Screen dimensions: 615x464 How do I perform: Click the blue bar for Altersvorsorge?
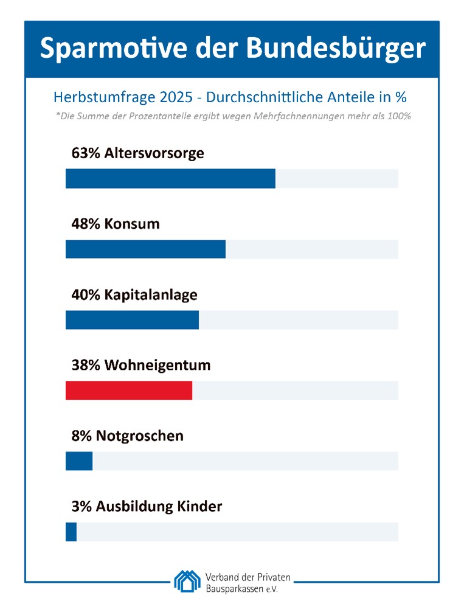pos(170,179)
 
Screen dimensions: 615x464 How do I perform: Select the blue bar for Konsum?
pos(145,249)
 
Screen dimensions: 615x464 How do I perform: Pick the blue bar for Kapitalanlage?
pos(132,320)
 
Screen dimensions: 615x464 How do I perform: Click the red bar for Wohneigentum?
pos(129,391)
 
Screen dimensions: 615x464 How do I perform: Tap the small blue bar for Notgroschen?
pos(79,461)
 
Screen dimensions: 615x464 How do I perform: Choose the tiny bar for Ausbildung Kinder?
pos(71,532)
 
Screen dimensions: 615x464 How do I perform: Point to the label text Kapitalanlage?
pos(151,294)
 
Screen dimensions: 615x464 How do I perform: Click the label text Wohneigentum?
pos(158,365)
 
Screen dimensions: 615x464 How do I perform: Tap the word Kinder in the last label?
pos(199,506)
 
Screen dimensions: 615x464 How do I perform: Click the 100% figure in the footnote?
pos(400,116)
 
